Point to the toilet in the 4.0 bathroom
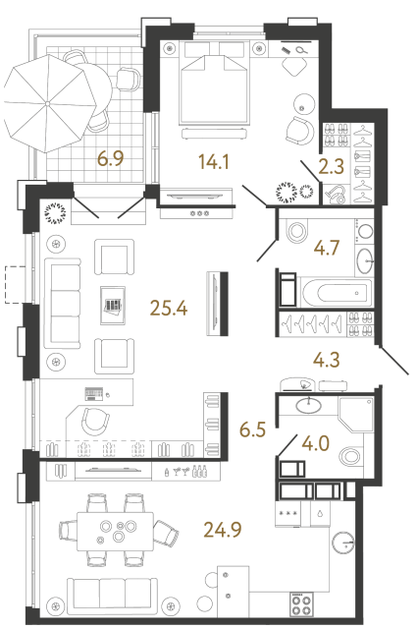click(x=349, y=457)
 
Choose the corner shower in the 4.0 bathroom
click(x=351, y=417)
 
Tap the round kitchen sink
click(x=342, y=542)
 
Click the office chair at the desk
click(x=97, y=422)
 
